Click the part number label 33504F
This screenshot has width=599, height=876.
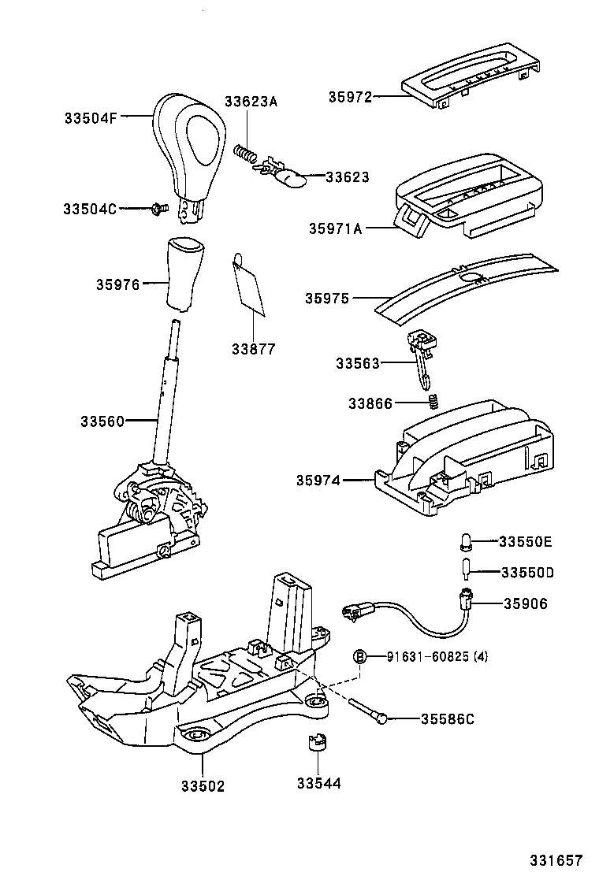[x=91, y=118]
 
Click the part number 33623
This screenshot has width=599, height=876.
[x=348, y=178]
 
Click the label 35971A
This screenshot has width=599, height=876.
[x=336, y=228]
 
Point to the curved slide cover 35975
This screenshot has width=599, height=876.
[x=465, y=285]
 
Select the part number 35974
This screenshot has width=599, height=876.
[x=318, y=480]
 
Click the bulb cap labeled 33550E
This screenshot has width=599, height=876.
[x=465, y=541]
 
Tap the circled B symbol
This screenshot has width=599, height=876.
[x=359, y=656]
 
